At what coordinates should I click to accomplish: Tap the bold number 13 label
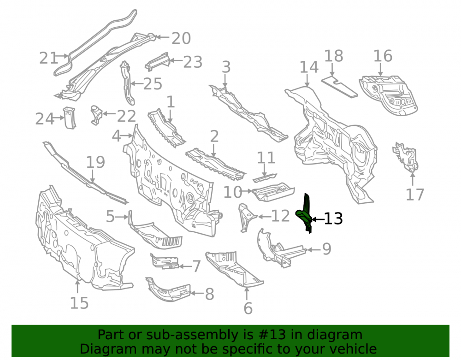333,219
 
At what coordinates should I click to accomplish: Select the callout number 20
181,38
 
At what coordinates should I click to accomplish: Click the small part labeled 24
70,118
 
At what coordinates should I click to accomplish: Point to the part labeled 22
96,115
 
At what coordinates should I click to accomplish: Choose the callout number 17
415,195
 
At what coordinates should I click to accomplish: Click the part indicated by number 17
405,157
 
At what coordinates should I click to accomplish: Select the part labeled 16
388,94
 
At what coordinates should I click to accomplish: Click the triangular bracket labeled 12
246,217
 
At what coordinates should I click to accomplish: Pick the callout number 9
327,249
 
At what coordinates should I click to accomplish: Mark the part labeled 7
165,261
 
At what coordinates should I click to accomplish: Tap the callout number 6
248,308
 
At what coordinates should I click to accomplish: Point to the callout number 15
79,303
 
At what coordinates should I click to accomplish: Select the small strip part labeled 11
265,178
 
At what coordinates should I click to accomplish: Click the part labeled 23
158,62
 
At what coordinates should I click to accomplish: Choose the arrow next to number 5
122,217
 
